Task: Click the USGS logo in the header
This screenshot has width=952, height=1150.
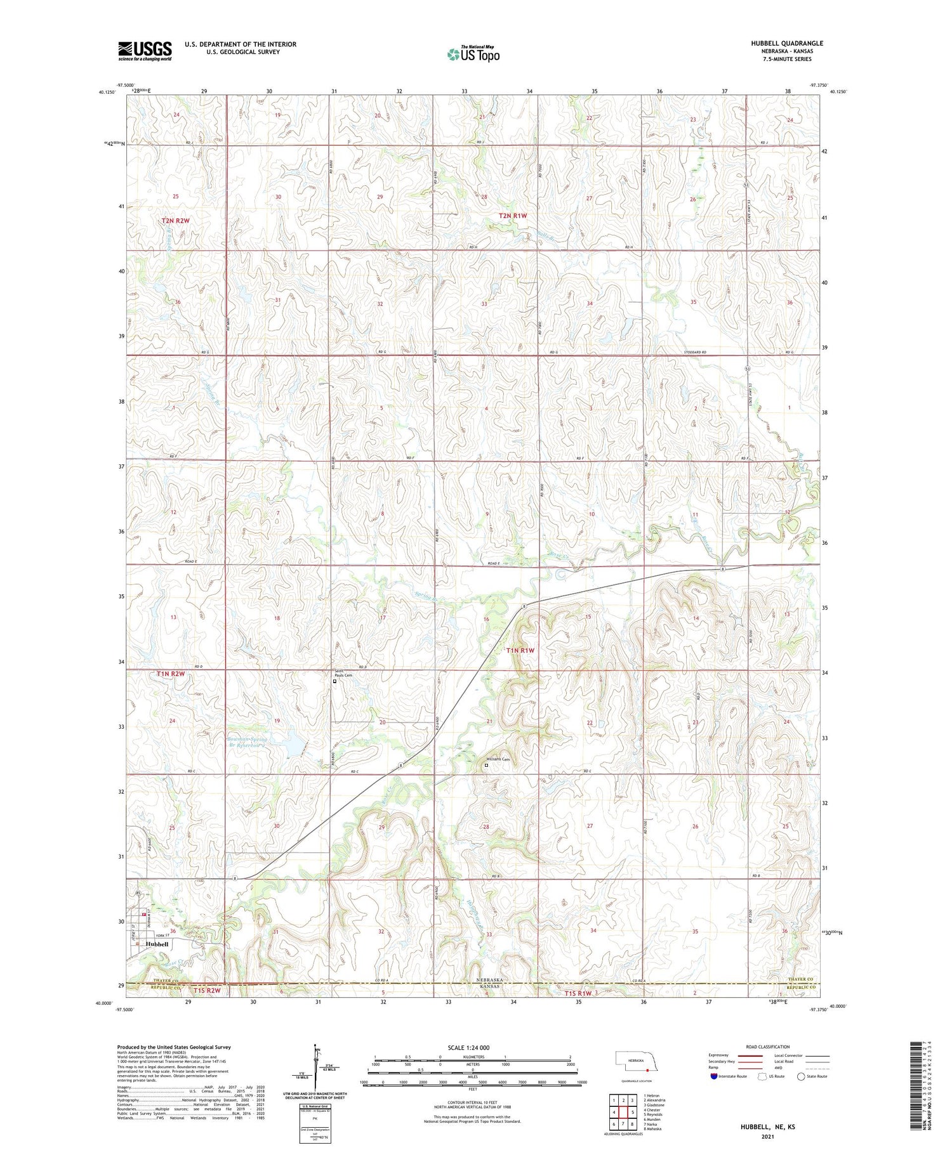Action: tap(145, 51)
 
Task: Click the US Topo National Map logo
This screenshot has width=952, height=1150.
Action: tap(473, 55)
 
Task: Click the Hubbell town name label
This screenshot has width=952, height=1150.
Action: tap(157, 944)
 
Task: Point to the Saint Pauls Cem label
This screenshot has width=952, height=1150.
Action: tap(343, 675)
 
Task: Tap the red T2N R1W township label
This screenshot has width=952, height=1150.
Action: tap(513, 216)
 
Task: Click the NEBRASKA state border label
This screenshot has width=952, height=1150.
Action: tap(489, 980)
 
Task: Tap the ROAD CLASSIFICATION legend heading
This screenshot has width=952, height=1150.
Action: tap(768, 1047)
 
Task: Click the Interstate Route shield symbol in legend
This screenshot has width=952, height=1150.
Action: tap(714, 1076)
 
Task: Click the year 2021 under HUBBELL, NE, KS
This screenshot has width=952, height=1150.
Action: tap(767, 1136)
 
